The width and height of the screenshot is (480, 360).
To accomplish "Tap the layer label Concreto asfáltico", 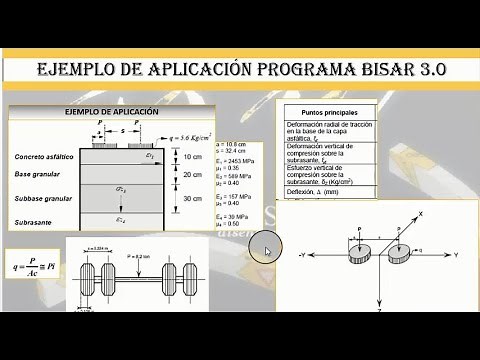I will tap(44, 158).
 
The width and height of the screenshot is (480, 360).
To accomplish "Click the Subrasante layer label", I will tap(34, 222).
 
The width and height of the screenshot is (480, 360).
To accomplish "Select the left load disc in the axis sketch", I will tap(360, 256).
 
